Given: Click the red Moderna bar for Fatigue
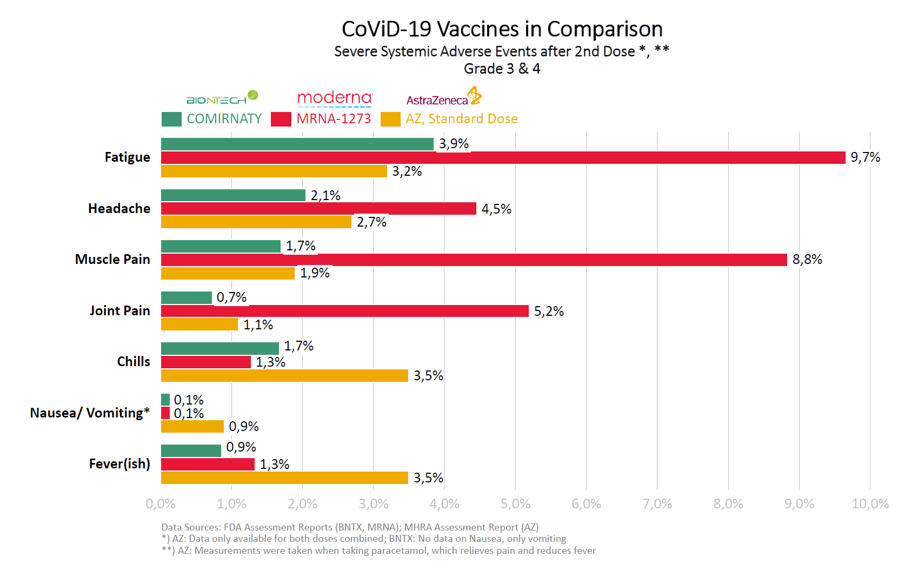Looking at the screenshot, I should [x=503, y=157].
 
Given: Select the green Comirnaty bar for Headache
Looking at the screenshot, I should [x=233, y=195].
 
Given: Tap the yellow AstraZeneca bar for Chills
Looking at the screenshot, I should [x=284, y=376].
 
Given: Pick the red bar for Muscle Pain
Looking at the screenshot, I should [x=474, y=260].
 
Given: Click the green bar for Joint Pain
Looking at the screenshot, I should [x=187, y=297].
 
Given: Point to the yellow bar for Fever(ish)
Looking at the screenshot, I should [x=284, y=478].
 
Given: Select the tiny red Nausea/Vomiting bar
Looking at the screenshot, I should [x=165, y=413].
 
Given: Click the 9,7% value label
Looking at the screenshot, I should [x=865, y=157].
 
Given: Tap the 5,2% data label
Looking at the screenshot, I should [x=549, y=312].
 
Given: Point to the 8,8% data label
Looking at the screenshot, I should [x=807, y=260].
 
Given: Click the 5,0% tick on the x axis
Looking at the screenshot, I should [x=515, y=504].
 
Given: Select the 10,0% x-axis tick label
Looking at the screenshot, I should [x=870, y=504].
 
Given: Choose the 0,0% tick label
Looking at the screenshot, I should [x=161, y=504].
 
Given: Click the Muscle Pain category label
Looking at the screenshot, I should [x=112, y=260].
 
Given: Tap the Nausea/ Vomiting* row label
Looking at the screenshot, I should [x=90, y=413].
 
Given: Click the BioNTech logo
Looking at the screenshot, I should [x=222, y=98].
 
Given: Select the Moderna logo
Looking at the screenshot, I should [x=335, y=98].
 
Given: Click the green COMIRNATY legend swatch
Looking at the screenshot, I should [x=171, y=119].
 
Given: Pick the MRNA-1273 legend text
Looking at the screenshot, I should [x=334, y=119].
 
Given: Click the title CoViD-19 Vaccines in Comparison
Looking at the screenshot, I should [x=502, y=29].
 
